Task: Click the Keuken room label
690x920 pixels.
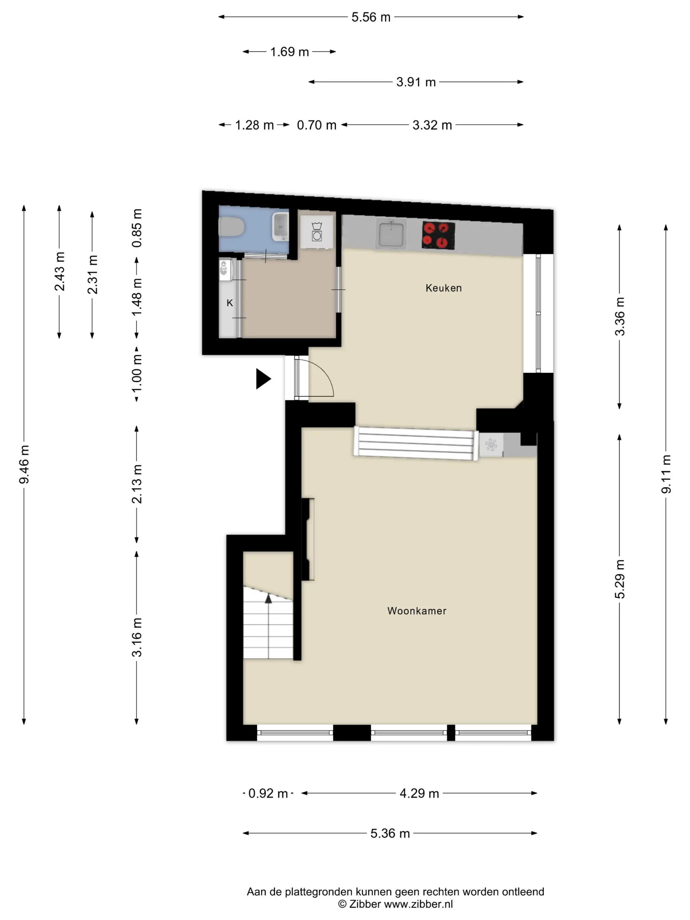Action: pyautogui.click(x=443, y=288)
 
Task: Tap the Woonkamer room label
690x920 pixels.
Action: pyautogui.click(x=417, y=610)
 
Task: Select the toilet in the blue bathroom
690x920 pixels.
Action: pyautogui.click(x=232, y=227)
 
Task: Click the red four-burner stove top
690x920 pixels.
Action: pyautogui.click(x=438, y=235)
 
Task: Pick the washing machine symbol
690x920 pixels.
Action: pyautogui.click(x=317, y=232)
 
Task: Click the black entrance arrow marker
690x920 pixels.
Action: pyautogui.click(x=263, y=379)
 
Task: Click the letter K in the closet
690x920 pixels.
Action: pyautogui.click(x=230, y=303)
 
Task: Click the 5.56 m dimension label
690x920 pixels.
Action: pyautogui.click(x=371, y=17)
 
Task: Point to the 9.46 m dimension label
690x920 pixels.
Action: pyautogui.click(x=24, y=464)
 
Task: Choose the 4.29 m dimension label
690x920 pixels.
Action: pyautogui.click(x=419, y=793)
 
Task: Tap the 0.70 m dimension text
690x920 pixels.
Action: pyautogui.click(x=316, y=125)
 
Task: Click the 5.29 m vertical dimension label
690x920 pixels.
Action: pyautogui.click(x=620, y=579)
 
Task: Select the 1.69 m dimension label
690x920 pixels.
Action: pyautogui.click(x=289, y=52)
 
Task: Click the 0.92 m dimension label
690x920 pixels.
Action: pyautogui.click(x=268, y=793)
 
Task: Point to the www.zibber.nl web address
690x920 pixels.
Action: pyautogui.click(x=418, y=904)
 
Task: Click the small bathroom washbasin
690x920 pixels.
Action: pyautogui.click(x=281, y=226)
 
